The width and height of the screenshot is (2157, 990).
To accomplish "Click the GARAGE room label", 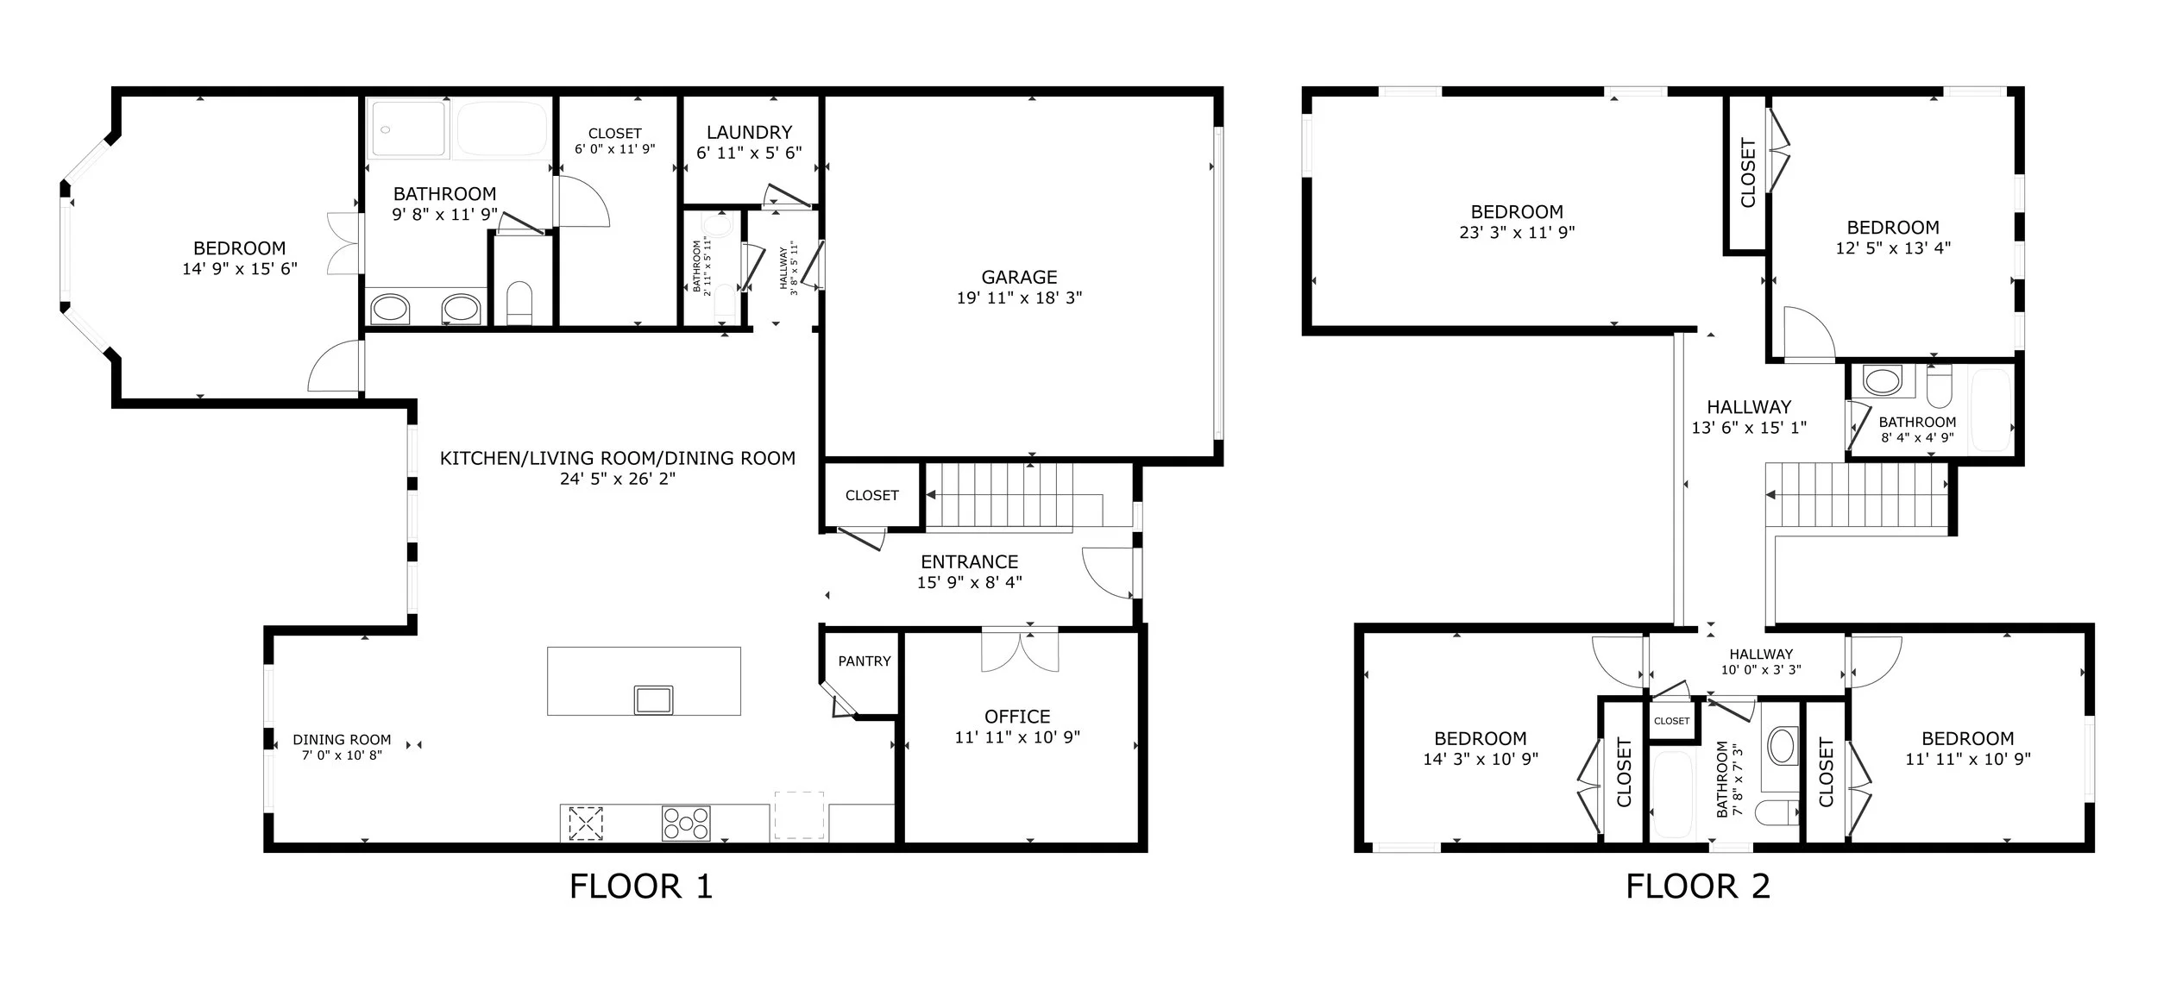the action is click(x=1019, y=277).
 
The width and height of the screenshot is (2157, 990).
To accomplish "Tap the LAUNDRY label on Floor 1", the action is click(x=749, y=132).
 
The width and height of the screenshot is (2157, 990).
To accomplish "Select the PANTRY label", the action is click(x=865, y=661).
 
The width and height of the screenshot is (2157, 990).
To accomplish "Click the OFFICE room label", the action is click(x=1017, y=717).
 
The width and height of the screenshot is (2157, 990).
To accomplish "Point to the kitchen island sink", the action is click(x=653, y=699).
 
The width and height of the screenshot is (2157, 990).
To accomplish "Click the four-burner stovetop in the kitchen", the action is click(x=686, y=823).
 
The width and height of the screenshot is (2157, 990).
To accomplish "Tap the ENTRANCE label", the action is click(x=969, y=561).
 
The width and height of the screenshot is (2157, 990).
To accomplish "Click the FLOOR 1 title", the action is click(x=641, y=887).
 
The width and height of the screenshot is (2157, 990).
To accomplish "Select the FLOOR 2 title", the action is click(x=1698, y=887).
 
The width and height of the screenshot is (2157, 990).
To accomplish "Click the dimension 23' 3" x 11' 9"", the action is click(x=1517, y=232).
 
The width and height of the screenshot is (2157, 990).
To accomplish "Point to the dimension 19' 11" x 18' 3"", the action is click(x=1019, y=298).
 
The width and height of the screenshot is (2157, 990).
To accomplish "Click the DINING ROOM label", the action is click(x=342, y=739).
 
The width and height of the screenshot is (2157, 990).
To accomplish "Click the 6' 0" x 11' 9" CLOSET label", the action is click(x=615, y=133).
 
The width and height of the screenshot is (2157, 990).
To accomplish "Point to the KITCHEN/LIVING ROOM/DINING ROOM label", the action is click(x=618, y=458).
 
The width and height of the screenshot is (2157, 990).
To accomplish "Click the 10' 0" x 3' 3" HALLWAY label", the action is click(x=1761, y=655).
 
